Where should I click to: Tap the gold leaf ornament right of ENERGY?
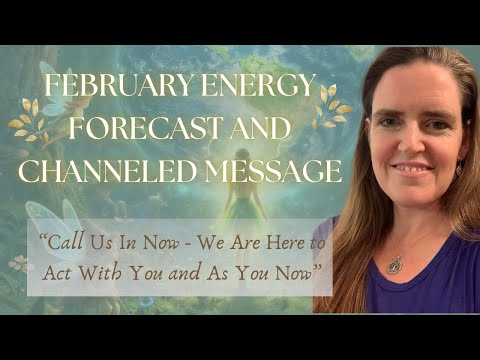pyautogui.click(x=329, y=106)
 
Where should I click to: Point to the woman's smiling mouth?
pyautogui.click(x=411, y=166)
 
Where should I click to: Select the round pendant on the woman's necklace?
pyautogui.click(x=396, y=265)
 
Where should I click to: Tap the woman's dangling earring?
pyautogui.click(x=458, y=169)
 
